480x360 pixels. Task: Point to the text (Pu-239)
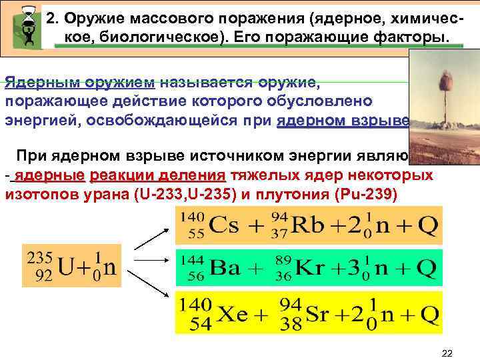point(363,193)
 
